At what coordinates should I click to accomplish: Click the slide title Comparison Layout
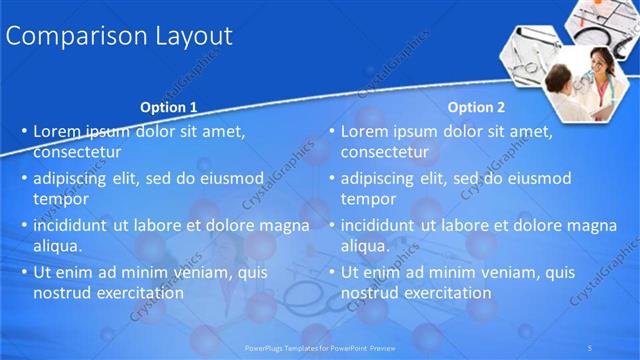pyautogui.click(x=119, y=37)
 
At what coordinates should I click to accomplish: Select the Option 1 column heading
pyautogui.click(x=168, y=107)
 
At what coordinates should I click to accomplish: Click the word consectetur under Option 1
pyautogui.click(x=77, y=153)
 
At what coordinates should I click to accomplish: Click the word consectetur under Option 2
pyautogui.click(x=385, y=153)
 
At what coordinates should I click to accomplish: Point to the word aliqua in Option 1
pyautogui.click(x=58, y=246)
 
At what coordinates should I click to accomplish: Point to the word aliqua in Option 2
pyautogui.click(x=366, y=246)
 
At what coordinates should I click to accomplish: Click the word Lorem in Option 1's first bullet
pyautogui.click(x=55, y=131)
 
